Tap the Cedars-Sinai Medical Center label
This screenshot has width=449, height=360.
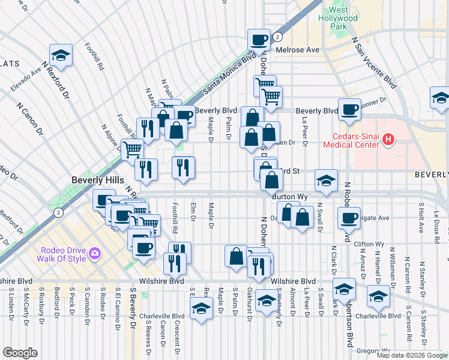[x=351, y=139]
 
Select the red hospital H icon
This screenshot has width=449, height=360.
[x=388, y=140]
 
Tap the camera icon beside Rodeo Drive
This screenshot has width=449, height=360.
[x=94, y=254]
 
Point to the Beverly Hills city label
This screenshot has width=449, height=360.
[x=97, y=180]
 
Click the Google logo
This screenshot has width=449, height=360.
[x=20, y=353]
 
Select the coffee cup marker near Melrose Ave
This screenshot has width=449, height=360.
[x=259, y=40]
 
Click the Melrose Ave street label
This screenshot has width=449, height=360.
[x=297, y=50]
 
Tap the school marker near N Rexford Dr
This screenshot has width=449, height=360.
[x=61, y=55]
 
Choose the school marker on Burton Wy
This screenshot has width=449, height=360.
[x=325, y=181]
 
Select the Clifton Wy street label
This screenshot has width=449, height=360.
[x=369, y=244]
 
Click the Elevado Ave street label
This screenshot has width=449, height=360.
[x=26, y=79]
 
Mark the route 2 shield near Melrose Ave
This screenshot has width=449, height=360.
[x=277, y=37]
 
